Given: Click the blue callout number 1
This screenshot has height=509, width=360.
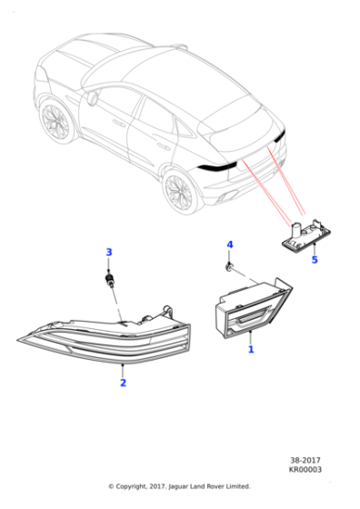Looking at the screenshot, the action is (251, 350).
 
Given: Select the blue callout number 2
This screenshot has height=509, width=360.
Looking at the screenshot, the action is (123, 383).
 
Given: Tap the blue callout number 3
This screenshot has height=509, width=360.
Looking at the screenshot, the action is (109, 253).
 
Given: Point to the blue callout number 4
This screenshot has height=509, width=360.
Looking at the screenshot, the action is (230, 245).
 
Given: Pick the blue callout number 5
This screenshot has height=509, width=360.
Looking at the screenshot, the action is (315, 260).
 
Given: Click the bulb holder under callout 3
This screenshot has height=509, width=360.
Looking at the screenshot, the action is (109, 280).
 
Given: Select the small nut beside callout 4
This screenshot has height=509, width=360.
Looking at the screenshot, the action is (229, 267).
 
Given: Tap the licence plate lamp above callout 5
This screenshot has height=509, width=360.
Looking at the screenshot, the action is (305, 235).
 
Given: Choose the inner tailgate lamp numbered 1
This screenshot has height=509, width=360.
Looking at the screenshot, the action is (254, 308).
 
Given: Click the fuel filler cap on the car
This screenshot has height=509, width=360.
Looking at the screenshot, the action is (92, 98).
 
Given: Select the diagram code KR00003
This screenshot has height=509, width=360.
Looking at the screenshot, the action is (305, 469).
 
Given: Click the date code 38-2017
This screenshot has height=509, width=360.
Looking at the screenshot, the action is (305, 460).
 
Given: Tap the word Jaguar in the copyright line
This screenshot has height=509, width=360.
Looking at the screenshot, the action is (178, 486).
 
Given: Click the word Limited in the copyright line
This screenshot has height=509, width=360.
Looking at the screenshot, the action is (239, 486).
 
